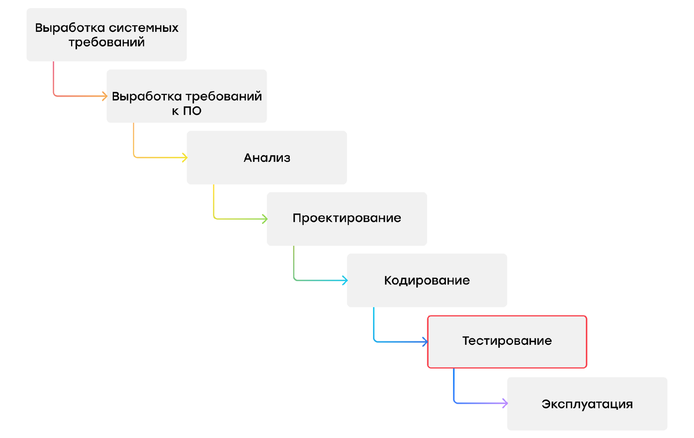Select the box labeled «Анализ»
[x=267, y=157]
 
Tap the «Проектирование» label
[x=346, y=219]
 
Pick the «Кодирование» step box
[x=427, y=281]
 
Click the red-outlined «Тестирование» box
[x=507, y=341]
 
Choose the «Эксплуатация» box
[x=587, y=404]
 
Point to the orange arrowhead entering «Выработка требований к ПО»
[x=105, y=96]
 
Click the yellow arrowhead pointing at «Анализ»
[x=184, y=157]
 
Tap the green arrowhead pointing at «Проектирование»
[x=265, y=219]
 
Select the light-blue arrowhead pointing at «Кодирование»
[x=345, y=281]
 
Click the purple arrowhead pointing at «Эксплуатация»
[x=505, y=403]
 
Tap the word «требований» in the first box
[x=106, y=43]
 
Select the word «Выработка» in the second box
[x=147, y=97]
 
